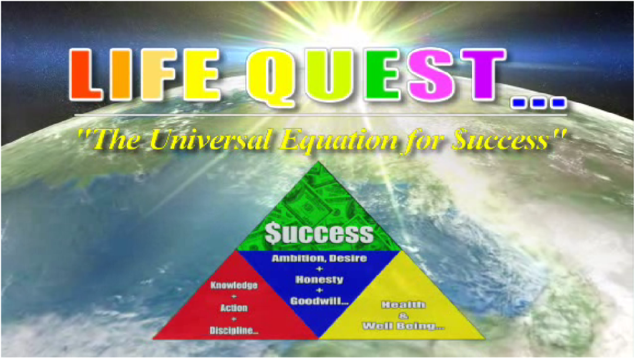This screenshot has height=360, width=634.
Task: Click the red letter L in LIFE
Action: point(85,75)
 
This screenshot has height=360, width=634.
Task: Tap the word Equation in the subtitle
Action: point(338,141)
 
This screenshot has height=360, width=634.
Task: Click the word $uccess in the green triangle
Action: point(319,233)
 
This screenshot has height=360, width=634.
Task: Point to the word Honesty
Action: point(319,280)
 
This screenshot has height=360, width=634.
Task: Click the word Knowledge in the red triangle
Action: point(234,285)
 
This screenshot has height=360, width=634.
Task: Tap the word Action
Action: point(234,308)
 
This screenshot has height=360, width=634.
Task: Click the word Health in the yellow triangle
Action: point(404,305)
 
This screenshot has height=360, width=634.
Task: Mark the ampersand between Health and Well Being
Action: point(404,315)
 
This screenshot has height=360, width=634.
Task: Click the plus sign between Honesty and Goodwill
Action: point(319,291)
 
